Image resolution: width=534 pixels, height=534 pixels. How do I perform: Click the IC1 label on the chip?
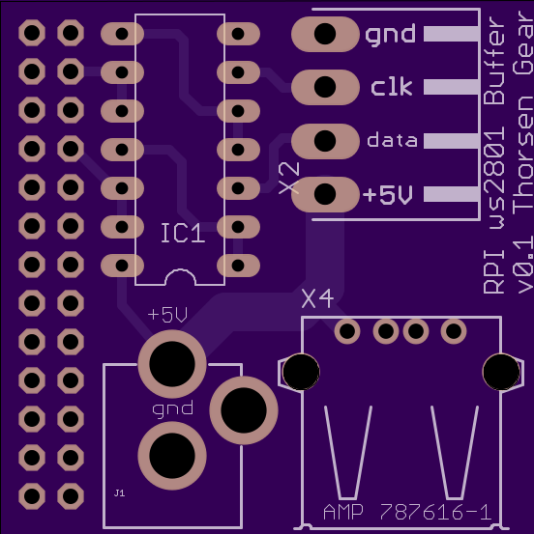coord(183,233)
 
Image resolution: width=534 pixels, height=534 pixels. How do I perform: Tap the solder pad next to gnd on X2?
coord(325,34)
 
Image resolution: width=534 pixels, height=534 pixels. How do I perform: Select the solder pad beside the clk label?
coord(325,87)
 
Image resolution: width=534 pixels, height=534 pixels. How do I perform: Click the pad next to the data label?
coord(325,141)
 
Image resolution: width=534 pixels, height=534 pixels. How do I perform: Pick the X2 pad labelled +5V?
coord(325,194)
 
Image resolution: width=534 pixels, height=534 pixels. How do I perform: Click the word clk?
coord(392,87)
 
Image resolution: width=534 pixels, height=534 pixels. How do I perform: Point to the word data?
coord(392,140)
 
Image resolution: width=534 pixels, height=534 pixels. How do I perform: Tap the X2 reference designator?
coord(289,178)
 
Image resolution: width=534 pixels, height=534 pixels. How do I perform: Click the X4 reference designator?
coord(317,299)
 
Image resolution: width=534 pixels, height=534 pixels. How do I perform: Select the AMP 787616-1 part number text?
coord(407,512)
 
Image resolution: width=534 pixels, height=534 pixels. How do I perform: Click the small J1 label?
coord(119,492)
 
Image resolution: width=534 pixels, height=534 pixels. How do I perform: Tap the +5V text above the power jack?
coord(167,315)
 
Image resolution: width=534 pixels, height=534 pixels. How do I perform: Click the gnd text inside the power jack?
coord(172,409)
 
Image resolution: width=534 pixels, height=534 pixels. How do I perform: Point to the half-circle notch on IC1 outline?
coord(181,271)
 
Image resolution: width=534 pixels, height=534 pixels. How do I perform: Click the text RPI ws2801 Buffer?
coord(494,155)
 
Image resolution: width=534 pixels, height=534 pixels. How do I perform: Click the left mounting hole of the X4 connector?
coord(301,372)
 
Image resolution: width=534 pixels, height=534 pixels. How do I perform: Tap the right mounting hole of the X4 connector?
coord(501,372)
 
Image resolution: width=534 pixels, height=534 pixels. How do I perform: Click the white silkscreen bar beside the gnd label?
coord(451,34)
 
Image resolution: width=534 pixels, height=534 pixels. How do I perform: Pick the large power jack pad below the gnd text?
coord(172,456)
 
